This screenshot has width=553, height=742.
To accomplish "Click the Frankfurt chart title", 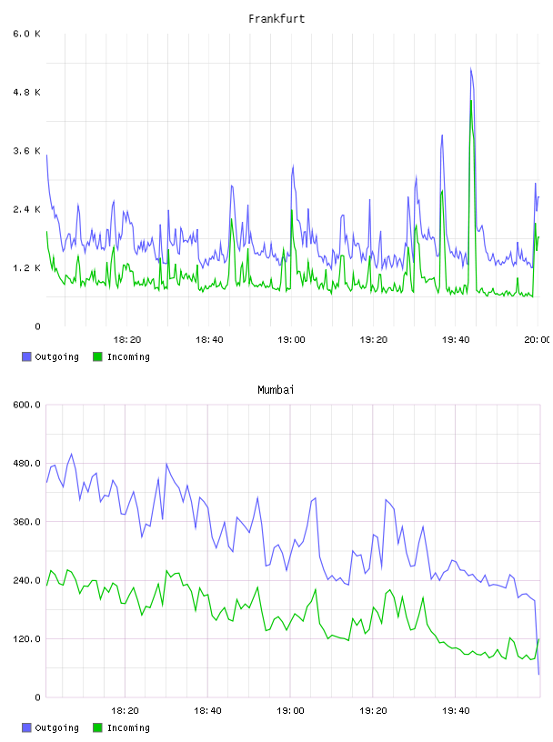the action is click(x=276, y=19).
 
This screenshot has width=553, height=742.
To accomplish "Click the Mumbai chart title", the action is click(x=276, y=390).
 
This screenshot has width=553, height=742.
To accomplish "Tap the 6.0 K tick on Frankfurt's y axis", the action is click(x=27, y=34).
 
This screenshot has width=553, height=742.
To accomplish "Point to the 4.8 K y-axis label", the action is click(x=27, y=92).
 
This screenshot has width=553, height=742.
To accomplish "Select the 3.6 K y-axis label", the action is click(x=27, y=151).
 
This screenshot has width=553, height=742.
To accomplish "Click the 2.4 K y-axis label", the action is click(x=27, y=209).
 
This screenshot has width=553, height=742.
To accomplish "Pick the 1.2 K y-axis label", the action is click(x=27, y=268).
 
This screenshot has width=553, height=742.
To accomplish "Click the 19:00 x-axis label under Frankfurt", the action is click(x=291, y=340).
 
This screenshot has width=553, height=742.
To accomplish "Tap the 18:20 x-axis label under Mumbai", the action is click(x=125, y=711).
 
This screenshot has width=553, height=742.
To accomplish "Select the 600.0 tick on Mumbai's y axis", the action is click(x=27, y=405).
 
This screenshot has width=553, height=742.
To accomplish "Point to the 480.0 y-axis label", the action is click(x=27, y=463).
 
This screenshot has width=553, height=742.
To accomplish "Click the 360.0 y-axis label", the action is click(x=27, y=522).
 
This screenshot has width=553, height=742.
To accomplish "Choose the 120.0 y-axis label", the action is click(x=27, y=639).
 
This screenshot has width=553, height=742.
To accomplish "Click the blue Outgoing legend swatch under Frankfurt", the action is click(x=26, y=356).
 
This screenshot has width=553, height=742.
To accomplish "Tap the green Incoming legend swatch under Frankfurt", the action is click(x=97, y=356).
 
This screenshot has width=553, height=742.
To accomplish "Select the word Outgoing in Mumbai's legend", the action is click(x=56, y=727).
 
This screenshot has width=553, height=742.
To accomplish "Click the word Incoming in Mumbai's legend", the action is click(x=128, y=727).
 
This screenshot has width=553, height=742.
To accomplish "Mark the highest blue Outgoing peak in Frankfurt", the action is click(x=470, y=68).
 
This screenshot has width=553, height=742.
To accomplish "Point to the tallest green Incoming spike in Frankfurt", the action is click(x=471, y=101).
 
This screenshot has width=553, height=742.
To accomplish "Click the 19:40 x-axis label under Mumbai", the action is click(x=456, y=711).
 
